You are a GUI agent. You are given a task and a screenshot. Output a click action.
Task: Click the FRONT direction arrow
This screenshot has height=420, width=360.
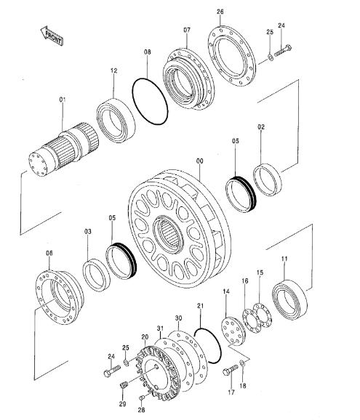click(x=52, y=36)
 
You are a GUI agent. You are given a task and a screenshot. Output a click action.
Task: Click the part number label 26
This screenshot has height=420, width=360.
click(x=220, y=12)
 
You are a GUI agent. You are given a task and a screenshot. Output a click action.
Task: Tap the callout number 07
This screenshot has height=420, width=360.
click(x=187, y=30)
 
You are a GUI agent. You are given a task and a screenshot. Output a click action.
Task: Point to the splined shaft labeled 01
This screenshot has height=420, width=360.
click(x=63, y=150)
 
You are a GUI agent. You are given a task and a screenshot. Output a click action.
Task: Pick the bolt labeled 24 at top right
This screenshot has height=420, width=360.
click(x=283, y=51)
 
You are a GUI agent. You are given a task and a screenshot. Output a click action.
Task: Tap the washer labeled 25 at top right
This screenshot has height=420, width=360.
click(x=271, y=57)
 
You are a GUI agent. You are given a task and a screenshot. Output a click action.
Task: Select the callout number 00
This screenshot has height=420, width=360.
click(x=200, y=161)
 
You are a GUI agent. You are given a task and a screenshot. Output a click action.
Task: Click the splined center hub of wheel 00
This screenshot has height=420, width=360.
click(x=169, y=235)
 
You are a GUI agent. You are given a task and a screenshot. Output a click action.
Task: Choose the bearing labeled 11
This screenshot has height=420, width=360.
click(x=289, y=299)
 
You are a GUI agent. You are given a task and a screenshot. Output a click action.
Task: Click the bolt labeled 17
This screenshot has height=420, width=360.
click(x=231, y=370)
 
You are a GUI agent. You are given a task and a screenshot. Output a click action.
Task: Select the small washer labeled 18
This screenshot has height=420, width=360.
click(x=242, y=363)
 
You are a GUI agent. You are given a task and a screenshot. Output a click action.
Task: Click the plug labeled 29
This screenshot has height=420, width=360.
click(x=124, y=386)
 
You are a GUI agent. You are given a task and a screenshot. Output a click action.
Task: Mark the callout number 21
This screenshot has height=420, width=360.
click(x=201, y=306)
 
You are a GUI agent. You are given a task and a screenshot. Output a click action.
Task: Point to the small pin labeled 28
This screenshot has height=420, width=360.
click(x=142, y=397)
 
